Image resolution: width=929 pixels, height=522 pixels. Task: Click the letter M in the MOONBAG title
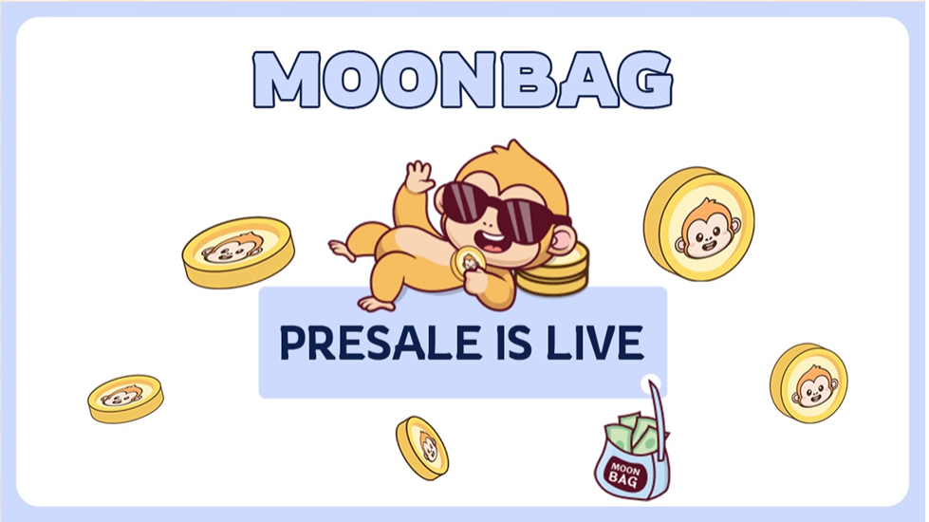click(287, 80)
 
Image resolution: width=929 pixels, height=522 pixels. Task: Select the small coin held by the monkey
click(468, 261)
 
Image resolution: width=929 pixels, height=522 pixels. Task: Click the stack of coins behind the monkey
click(554, 270)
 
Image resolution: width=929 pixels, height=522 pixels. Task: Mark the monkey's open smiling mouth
click(492, 240)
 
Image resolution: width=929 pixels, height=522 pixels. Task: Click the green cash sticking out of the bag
click(632, 435)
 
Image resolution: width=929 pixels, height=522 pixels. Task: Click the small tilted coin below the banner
click(422, 447)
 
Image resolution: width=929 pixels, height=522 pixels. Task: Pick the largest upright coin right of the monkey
click(699, 223)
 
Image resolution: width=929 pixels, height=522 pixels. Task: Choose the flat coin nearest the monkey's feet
click(238, 252)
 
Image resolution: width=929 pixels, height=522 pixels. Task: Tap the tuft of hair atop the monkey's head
click(513, 150)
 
